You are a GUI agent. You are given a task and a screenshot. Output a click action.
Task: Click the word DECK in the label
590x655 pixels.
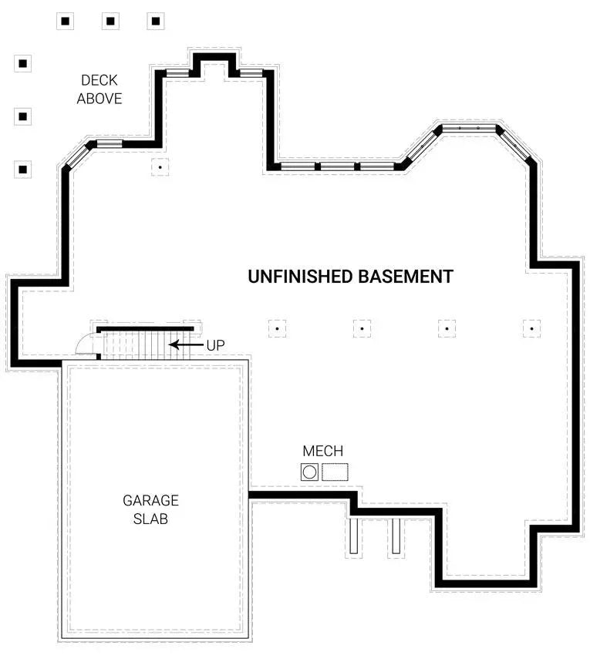[99, 79]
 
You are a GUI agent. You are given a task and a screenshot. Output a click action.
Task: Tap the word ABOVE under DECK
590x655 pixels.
[99, 99]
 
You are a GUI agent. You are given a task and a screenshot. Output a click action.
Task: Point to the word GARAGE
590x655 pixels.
[150, 500]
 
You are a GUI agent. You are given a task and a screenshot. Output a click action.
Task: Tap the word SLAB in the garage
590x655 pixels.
[150, 519]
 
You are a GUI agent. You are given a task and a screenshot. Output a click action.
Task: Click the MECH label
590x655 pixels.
[322, 452]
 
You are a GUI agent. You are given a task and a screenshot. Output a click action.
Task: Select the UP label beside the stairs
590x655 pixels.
[215, 345]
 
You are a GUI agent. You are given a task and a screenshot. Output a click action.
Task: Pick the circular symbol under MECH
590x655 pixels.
[309, 472]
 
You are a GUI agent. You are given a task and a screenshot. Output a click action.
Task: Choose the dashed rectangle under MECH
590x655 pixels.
[335, 472]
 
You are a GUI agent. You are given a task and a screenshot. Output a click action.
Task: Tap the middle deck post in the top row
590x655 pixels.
[110, 22]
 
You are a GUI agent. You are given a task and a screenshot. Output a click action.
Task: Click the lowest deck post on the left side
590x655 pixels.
[23, 169]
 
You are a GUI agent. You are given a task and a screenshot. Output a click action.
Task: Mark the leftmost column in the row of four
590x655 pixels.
[277, 328]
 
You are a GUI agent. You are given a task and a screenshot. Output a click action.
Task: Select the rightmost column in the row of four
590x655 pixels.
[531, 328]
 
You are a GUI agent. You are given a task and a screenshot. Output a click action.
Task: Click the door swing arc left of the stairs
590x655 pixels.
[86, 344]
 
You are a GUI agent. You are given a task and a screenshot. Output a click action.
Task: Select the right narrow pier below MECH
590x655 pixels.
[396, 535]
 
